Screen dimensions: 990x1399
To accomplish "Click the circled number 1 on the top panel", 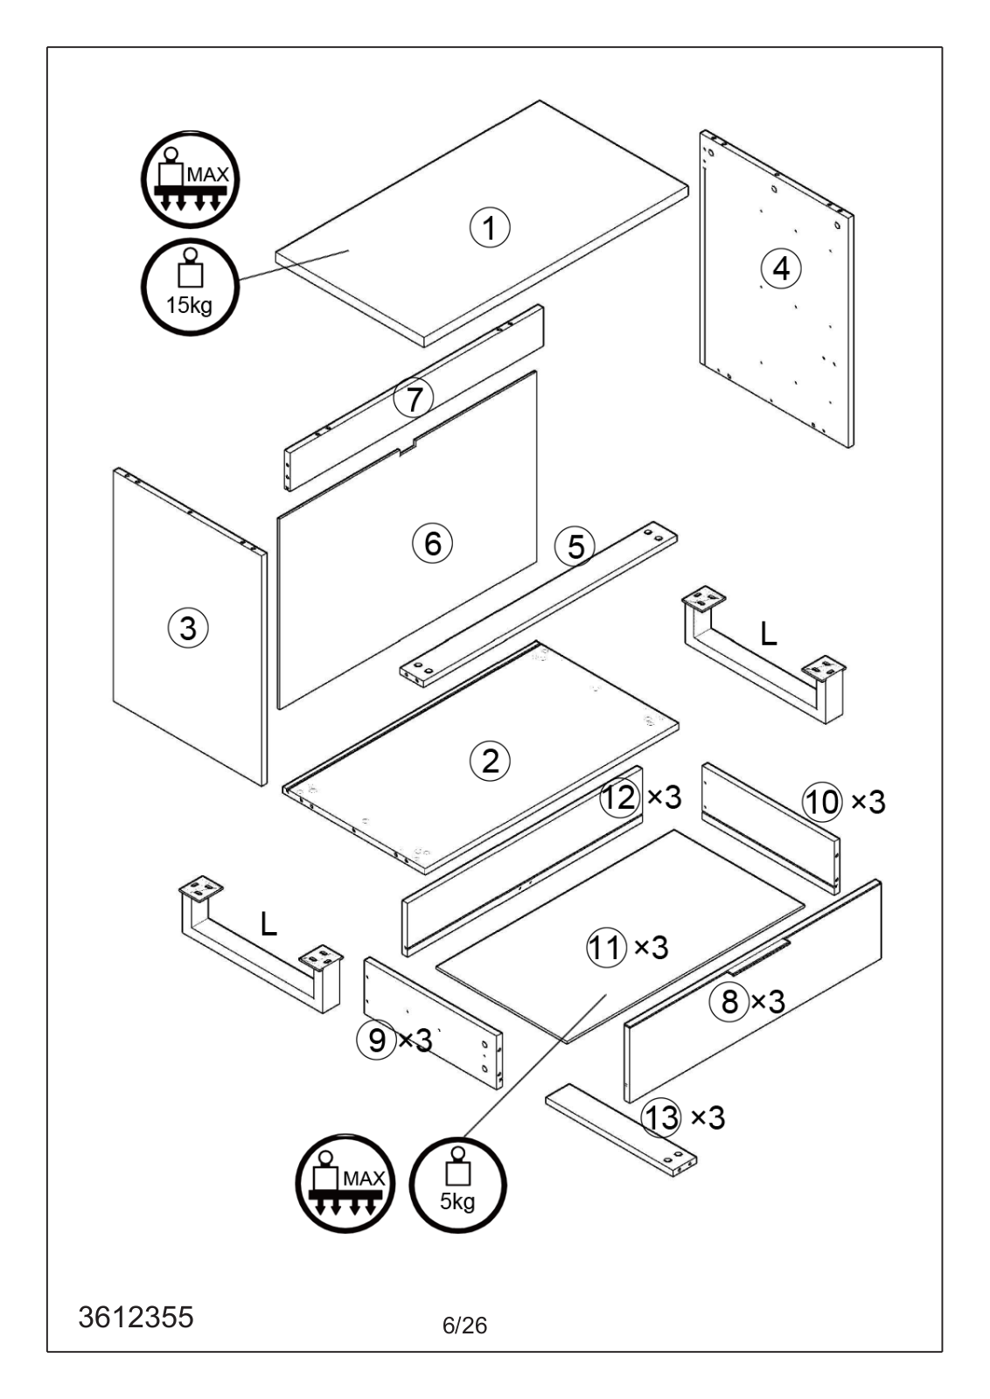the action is (x=490, y=227).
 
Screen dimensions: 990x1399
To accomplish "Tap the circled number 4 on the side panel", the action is (x=781, y=269).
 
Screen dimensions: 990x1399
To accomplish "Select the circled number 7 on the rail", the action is (x=414, y=399).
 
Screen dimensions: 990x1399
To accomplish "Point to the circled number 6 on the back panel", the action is (x=432, y=543).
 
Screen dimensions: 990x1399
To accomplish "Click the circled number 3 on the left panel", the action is (x=188, y=628).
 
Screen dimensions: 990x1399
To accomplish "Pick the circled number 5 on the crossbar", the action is (x=575, y=547).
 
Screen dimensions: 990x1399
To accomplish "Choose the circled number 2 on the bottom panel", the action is (x=490, y=761).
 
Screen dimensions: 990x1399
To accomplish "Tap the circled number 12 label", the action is (x=620, y=797).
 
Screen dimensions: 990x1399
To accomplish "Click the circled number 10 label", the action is (x=823, y=802).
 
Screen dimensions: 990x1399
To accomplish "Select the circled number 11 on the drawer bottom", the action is (x=606, y=948).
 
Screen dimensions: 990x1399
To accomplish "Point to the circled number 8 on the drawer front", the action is (x=729, y=1002).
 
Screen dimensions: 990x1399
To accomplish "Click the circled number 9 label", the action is (x=376, y=1041).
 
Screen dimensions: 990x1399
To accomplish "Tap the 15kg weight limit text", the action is (x=189, y=305).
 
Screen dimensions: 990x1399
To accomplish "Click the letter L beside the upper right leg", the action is (x=768, y=635).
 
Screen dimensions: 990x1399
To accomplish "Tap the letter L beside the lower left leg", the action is (x=268, y=923).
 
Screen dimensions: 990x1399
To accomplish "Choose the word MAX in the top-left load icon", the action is (x=208, y=174).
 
